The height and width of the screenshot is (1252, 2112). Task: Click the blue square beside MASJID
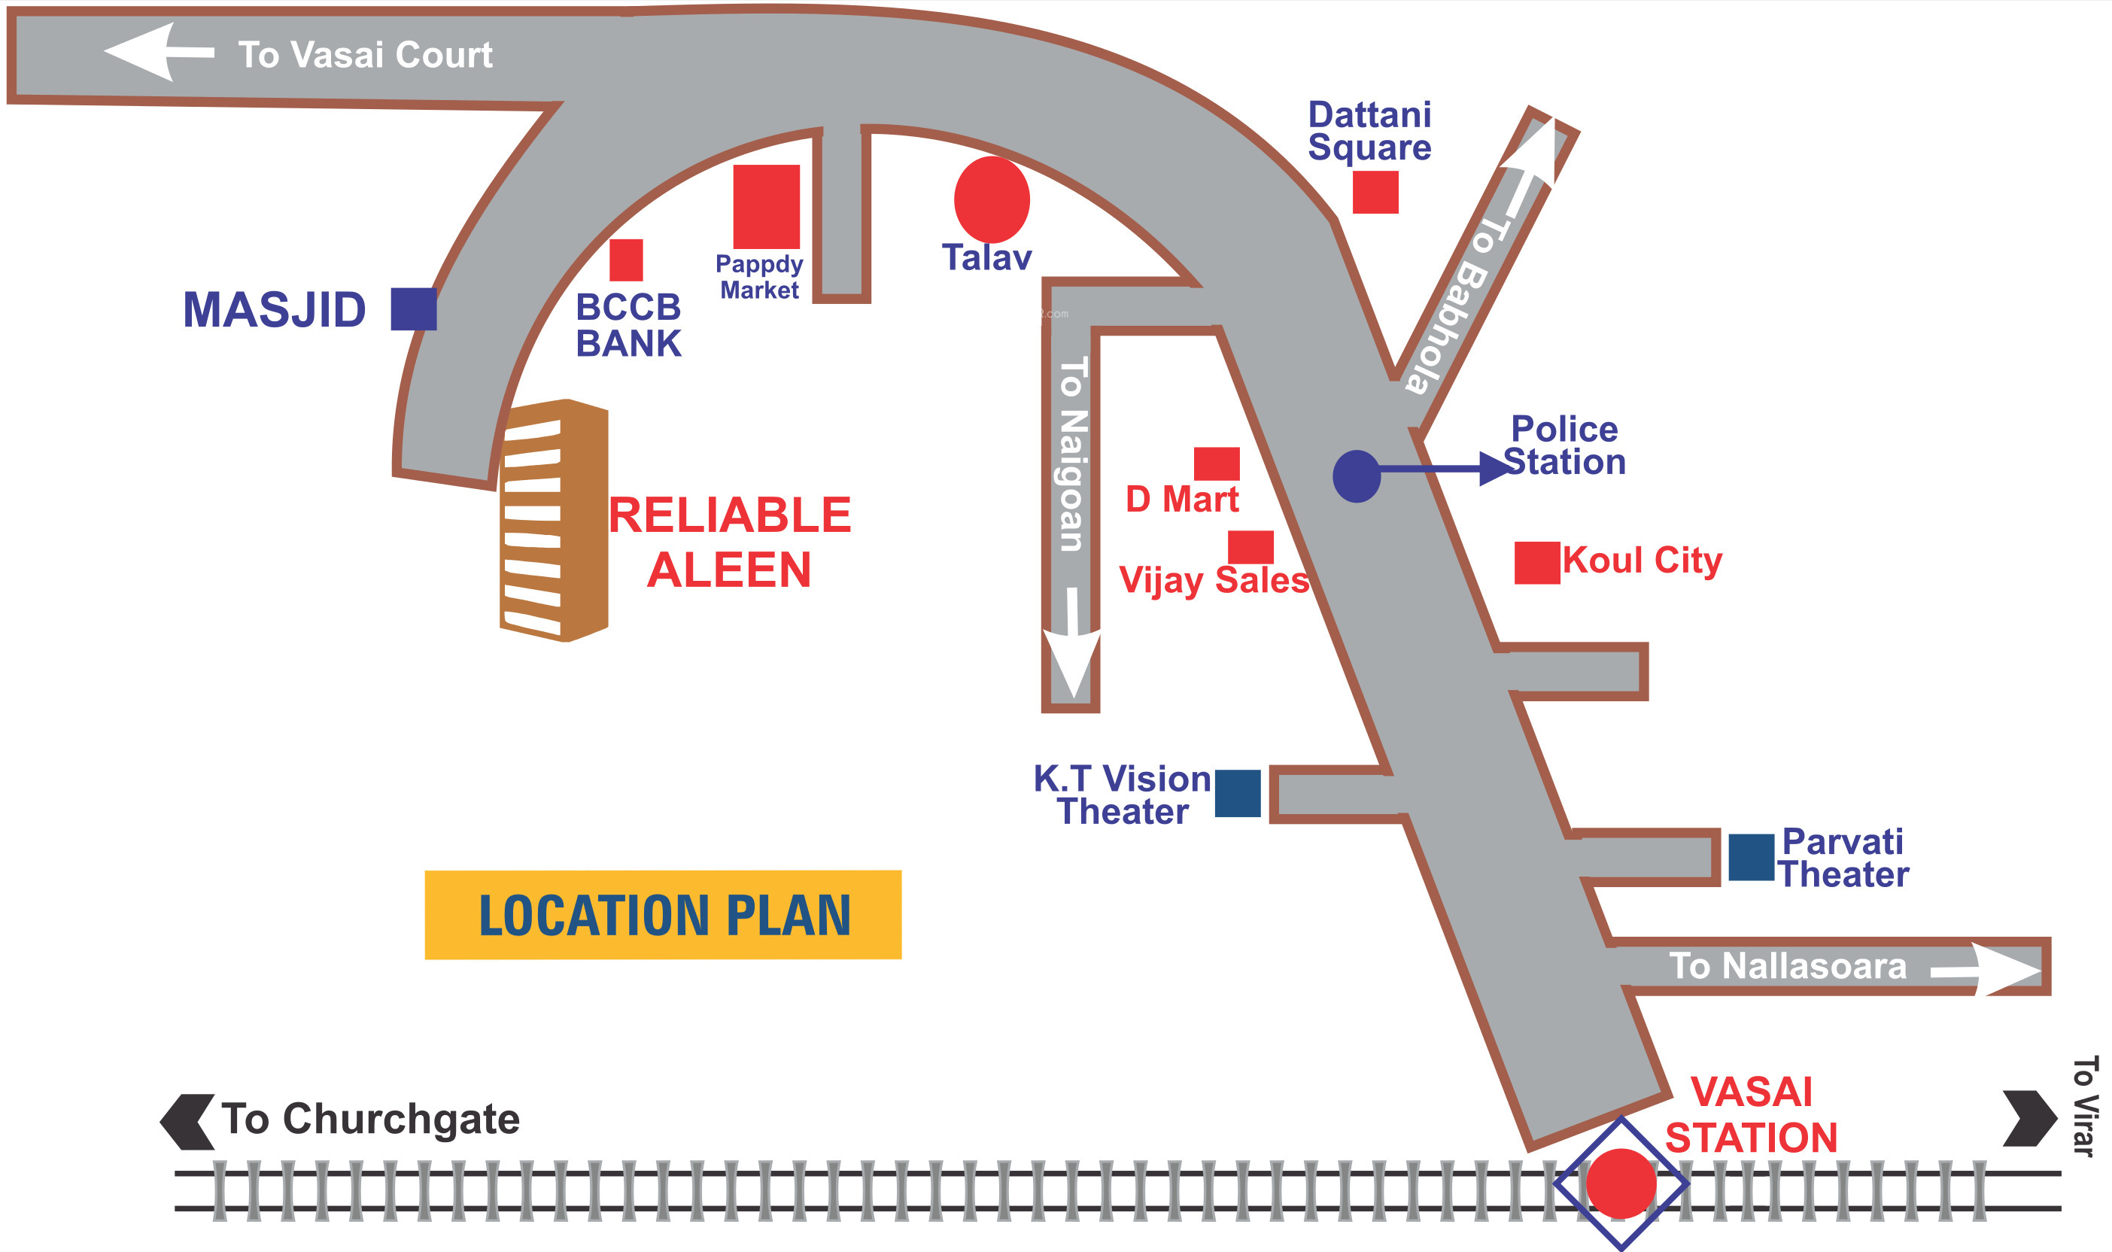click(413, 308)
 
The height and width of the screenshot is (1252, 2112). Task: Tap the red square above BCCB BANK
click(626, 260)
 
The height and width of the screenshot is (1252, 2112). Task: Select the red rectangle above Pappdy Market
click(766, 207)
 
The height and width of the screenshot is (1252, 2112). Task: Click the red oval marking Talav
click(992, 200)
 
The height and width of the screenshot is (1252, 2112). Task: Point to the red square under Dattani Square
click(1375, 193)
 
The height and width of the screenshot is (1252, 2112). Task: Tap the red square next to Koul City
click(1536, 563)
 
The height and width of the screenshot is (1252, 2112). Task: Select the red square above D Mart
click(1216, 464)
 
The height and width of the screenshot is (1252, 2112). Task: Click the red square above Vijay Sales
click(1250, 548)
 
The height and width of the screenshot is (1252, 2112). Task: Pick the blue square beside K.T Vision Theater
click(1238, 793)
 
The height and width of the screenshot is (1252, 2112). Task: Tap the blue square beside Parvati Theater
click(1752, 857)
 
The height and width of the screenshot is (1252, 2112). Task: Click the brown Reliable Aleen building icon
click(555, 521)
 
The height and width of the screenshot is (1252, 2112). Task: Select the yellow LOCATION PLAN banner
click(663, 914)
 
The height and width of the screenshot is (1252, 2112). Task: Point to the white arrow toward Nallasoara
click(1986, 970)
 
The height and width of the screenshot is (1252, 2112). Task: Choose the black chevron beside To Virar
click(2030, 1119)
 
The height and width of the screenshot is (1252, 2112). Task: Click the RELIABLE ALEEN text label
click(730, 542)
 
